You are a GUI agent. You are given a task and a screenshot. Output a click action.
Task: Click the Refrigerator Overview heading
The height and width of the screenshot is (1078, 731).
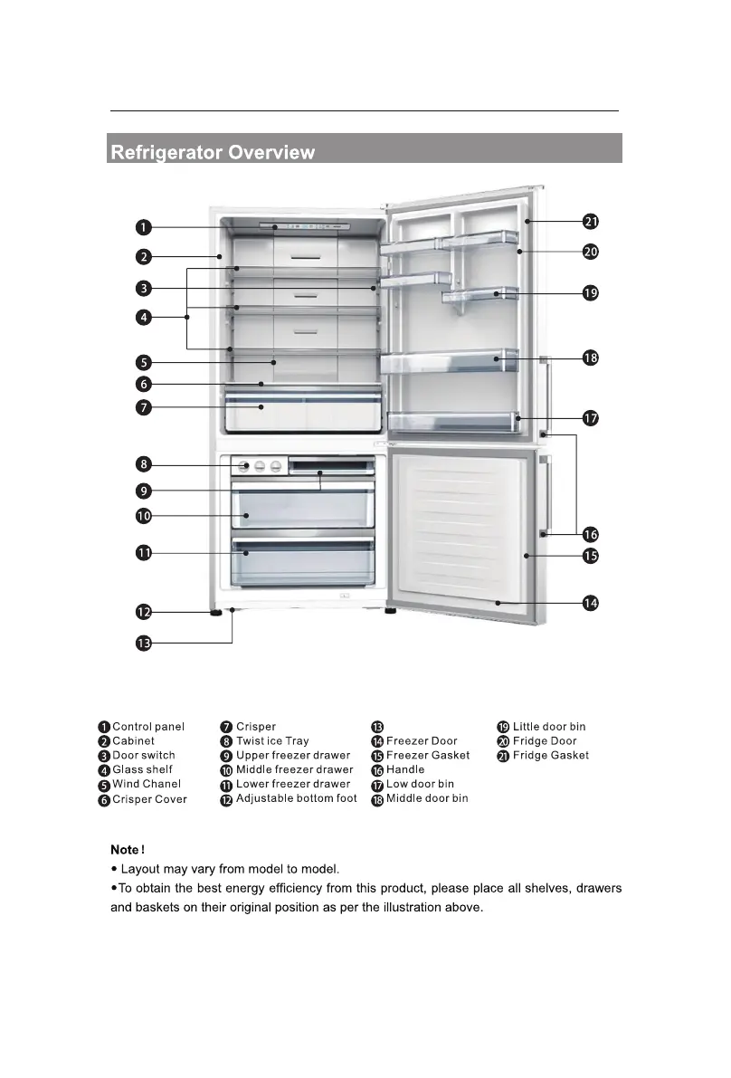pos(213,152)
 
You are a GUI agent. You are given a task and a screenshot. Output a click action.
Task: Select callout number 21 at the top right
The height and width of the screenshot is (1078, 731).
pos(590,222)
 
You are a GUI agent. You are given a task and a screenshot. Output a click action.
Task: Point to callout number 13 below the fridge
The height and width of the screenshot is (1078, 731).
pos(144,644)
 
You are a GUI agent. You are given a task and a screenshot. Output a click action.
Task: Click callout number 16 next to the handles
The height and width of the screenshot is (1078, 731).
pos(590,534)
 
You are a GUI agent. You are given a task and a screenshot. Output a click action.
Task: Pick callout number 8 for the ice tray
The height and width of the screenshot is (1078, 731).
pos(144,465)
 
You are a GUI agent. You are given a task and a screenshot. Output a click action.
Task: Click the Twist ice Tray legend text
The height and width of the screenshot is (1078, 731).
pos(272,740)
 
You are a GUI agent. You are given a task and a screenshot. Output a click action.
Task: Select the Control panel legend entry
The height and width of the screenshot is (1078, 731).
pos(148,726)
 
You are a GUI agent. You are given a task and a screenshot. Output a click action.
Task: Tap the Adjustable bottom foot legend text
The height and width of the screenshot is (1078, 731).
pos(296,798)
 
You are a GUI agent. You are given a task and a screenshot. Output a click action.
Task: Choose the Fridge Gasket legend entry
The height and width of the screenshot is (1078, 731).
pos(550,755)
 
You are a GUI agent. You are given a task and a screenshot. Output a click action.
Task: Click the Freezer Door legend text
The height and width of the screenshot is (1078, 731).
pos(422,740)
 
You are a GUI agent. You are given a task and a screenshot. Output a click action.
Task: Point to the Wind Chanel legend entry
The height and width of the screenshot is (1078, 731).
pos(147,784)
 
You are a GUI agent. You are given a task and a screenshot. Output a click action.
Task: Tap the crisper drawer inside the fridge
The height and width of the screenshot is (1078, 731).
pos(303,412)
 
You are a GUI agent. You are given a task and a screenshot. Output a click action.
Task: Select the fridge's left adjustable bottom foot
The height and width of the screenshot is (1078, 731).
pos(216,613)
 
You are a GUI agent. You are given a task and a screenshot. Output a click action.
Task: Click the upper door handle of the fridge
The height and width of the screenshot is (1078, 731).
pos(546,395)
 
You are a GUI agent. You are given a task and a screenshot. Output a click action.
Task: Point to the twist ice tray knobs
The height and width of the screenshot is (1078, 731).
pos(260,466)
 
